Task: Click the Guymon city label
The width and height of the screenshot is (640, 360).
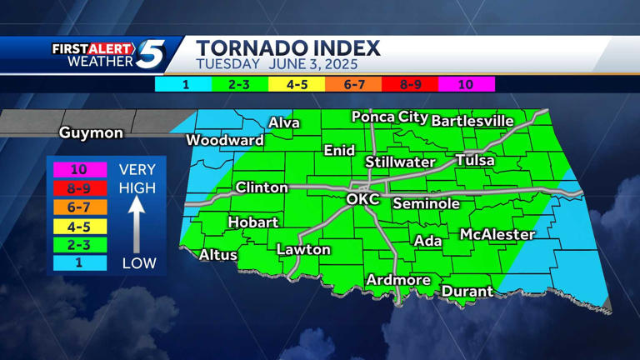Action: [x=91, y=133]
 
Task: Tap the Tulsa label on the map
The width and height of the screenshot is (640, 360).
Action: [x=475, y=160]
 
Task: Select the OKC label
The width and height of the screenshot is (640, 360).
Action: [x=362, y=199]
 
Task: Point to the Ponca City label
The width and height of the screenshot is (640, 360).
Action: [x=389, y=117]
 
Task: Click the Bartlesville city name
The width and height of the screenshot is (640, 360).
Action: [x=472, y=121]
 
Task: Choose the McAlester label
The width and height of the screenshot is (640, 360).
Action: [x=497, y=235]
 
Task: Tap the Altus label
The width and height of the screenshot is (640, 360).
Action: [x=217, y=255]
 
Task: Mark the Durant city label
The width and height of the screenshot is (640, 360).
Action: [x=467, y=292]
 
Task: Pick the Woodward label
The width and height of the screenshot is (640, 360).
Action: [x=224, y=140]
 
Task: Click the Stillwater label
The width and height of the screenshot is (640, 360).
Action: [x=401, y=162]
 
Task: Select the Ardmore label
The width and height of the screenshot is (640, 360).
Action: [x=398, y=280]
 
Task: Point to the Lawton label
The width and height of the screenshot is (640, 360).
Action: [x=303, y=249]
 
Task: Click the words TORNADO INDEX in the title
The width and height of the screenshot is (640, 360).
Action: [x=288, y=47]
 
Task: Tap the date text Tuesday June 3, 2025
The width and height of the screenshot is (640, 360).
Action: [x=277, y=64]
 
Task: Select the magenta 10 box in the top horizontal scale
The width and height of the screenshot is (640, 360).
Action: [x=466, y=84]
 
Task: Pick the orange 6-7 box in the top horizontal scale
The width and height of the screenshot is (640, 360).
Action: [x=354, y=84]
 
